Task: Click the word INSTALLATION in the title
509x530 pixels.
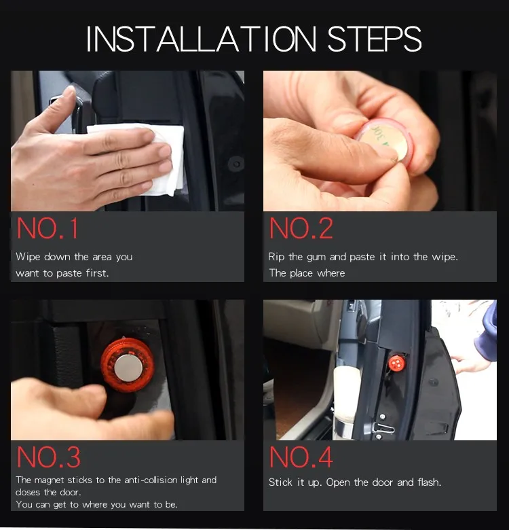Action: (201, 39)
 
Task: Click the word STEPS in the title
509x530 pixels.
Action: (375, 39)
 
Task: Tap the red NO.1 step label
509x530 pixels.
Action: (48, 228)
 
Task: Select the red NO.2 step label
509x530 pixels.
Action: (301, 228)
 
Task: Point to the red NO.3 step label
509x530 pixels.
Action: (49, 457)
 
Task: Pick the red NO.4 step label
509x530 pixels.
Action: (301, 457)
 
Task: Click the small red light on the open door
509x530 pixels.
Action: (396, 364)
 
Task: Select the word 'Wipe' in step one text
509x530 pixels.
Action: (28, 257)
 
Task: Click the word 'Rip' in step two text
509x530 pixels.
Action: (276, 257)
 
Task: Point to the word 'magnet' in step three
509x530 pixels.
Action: (50, 480)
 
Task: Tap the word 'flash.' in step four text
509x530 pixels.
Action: (430, 482)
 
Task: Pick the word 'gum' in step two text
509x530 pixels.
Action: (316, 258)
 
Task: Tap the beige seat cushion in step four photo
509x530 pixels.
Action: (344, 395)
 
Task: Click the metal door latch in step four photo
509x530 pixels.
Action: (383, 427)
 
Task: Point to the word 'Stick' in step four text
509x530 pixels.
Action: (280, 482)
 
